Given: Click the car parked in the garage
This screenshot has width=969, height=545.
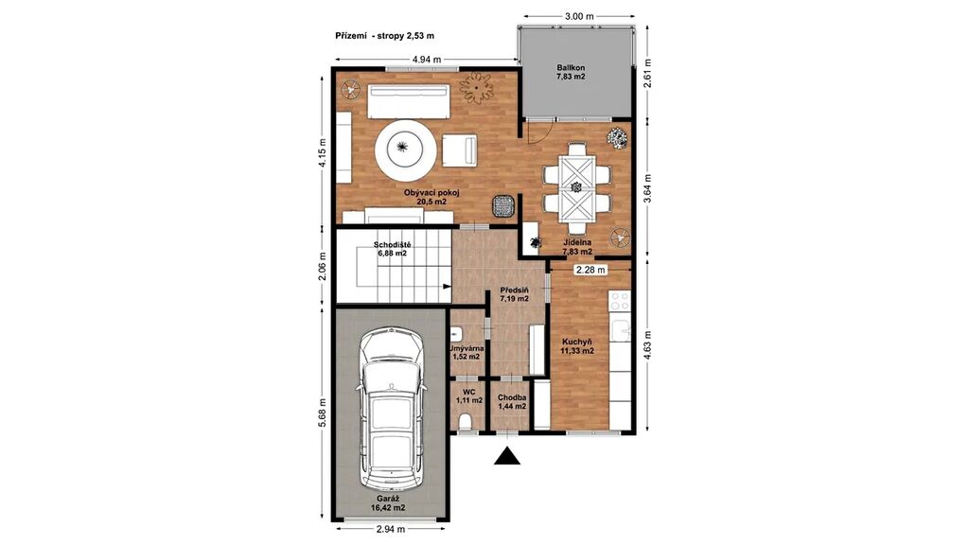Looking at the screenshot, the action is point(392,408).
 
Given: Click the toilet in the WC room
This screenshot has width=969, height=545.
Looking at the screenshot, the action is point(466,421).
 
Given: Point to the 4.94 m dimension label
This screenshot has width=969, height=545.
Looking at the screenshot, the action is point(427,60).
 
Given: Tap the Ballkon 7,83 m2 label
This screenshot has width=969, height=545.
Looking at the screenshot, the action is point(571,72).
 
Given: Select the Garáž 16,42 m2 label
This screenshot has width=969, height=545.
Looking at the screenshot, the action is point(388,503).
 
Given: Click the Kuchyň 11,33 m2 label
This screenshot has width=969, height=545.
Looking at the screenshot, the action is point(577,346).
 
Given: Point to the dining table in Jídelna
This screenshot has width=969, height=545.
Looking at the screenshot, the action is point(576,186).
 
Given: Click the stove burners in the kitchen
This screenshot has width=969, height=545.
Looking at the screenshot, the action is point(620,301).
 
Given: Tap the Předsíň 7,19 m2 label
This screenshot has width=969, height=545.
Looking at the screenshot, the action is point(514,294).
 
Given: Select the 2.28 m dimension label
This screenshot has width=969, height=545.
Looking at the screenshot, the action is point(590,270).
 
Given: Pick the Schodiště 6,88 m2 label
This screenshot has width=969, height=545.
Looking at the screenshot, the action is point(392,249).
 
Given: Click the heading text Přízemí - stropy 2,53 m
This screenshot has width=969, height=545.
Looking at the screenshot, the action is point(384,36).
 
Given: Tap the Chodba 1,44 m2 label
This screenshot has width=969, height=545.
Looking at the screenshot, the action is point(512,401).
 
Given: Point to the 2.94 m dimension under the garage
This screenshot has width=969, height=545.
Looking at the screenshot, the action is point(391,529).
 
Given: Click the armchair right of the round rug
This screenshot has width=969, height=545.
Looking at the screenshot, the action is point(460,150).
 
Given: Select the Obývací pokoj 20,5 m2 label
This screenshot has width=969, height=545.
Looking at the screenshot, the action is point(432,197).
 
